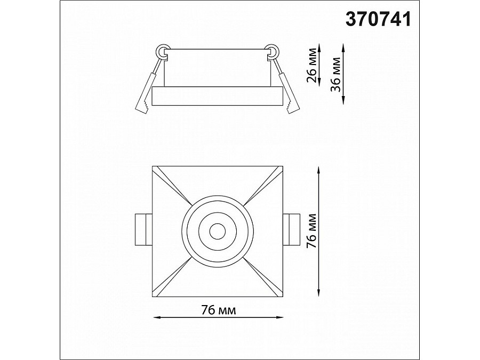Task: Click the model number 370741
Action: point(378,19)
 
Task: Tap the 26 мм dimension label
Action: point(312,65)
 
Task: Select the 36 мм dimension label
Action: point(335,74)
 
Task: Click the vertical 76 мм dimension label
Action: point(311,231)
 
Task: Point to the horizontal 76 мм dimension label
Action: point(219,310)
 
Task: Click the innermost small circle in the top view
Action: point(218,231)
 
